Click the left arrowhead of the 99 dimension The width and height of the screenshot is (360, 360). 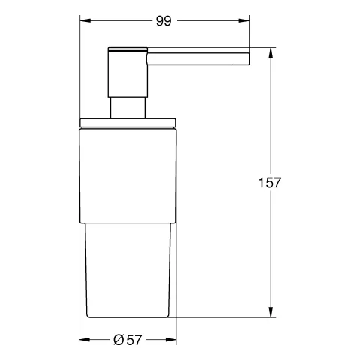coord(83,22)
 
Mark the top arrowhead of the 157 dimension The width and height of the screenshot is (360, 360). coord(270,52)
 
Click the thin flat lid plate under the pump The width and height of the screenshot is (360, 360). coord(127,120)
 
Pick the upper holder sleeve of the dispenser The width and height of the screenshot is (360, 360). coord(127,172)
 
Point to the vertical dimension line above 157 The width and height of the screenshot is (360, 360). coord(270,112)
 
